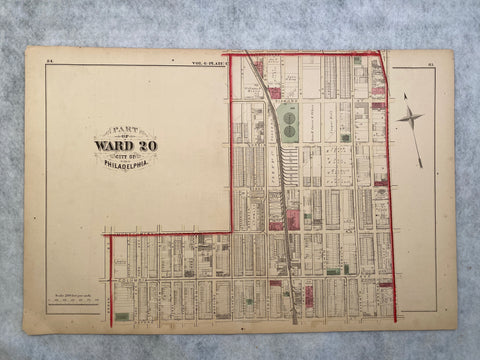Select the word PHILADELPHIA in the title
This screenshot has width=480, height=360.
coord(126,164)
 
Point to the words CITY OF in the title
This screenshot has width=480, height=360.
coord(126,156)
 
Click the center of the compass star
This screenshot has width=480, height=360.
coord(411,118)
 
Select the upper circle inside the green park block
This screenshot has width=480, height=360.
coord(288,116)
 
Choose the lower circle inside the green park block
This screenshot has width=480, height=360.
coord(288,129)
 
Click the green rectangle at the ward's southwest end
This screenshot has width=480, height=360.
coord(121,316)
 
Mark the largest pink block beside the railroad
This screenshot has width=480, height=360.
coord(293,219)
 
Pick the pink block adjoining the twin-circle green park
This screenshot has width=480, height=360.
coord(272,94)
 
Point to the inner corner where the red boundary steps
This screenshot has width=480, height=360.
coord(232,234)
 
